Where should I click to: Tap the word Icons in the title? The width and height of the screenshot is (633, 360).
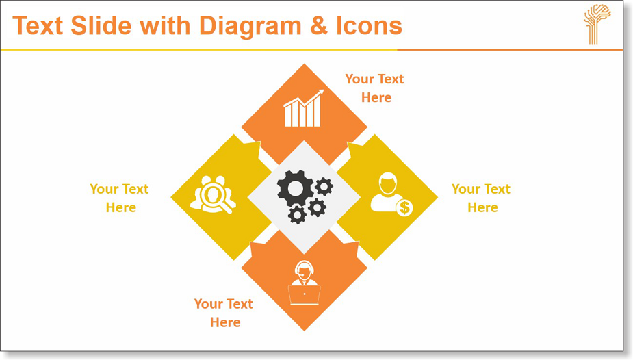(369, 25)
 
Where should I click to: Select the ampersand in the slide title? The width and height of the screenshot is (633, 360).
(319, 26)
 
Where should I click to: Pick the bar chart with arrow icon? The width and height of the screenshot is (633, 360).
(304, 108)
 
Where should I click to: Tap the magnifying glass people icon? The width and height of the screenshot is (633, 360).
(213, 194)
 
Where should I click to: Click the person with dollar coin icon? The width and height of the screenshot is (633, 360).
(391, 194)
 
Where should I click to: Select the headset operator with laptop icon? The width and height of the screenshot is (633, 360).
(305, 283)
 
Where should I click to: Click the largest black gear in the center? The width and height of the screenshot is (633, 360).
(295, 188)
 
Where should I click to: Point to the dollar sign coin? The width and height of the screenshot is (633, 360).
(404, 208)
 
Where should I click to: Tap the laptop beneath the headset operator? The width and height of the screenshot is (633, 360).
(305, 294)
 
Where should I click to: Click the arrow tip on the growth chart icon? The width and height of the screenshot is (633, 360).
(322, 91)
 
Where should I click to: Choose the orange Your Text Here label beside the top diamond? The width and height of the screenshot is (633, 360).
(374, 88)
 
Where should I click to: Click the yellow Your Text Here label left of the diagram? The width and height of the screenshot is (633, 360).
(119, 198)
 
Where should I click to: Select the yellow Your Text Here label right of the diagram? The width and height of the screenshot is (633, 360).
(481, 198)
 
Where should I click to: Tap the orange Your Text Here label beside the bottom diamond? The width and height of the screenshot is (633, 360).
(223, 313)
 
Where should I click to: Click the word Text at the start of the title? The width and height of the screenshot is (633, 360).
(38, 25)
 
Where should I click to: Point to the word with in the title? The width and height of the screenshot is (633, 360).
(165, 25)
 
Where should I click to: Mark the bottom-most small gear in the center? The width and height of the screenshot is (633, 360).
(297, 215)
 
